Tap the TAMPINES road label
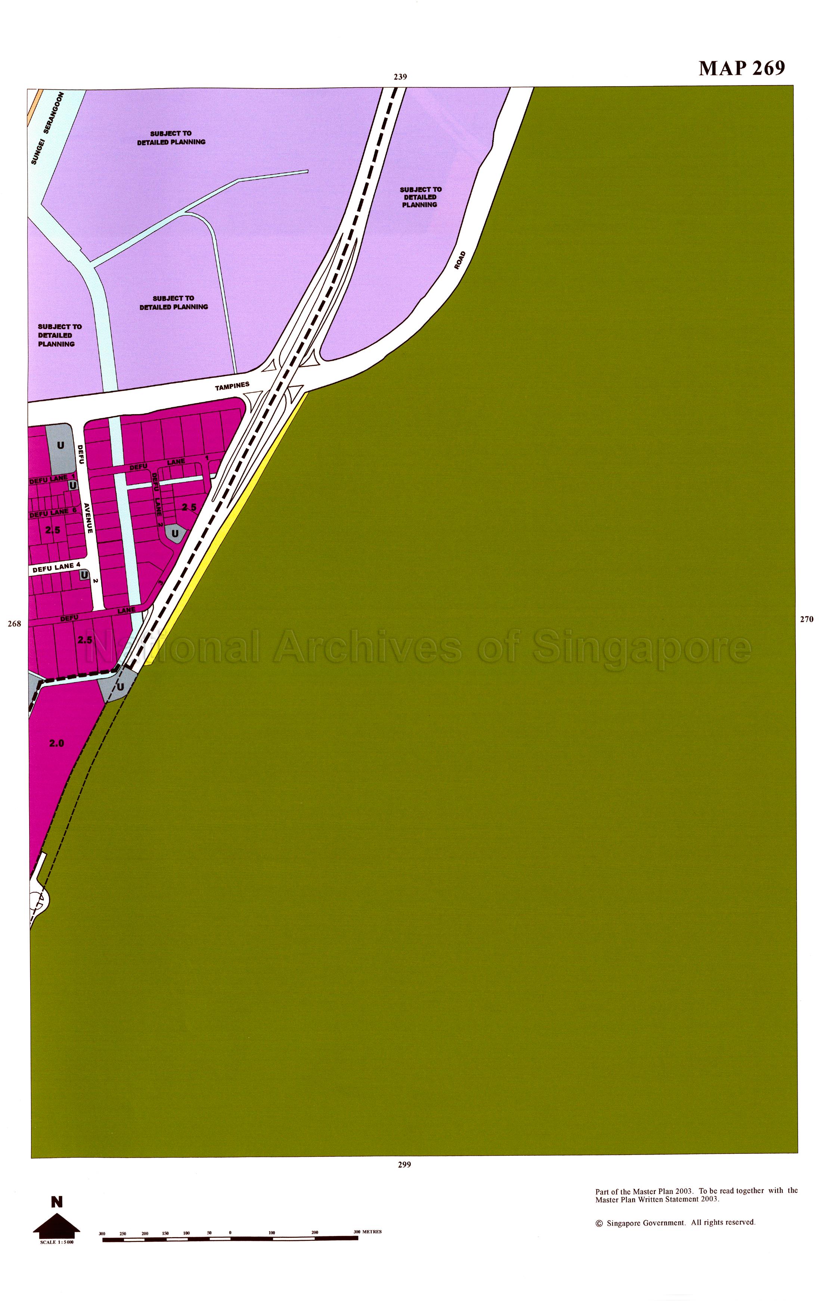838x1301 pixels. (232, 386)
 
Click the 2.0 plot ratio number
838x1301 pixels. (57, 743)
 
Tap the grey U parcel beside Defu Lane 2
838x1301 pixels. (175, 533)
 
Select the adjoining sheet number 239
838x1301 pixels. (400, 77)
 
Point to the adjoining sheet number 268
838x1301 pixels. (14, 624)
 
